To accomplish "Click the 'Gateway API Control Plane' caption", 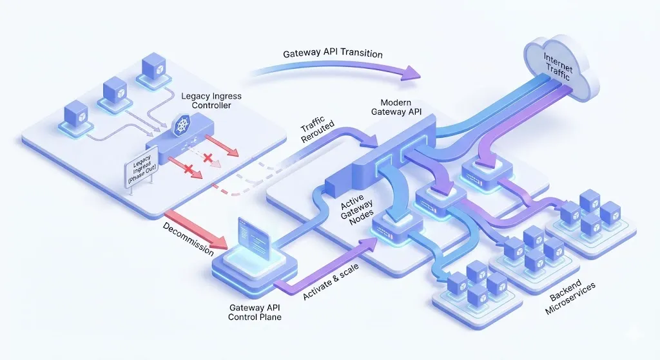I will [x=255, y=312].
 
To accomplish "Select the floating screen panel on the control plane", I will [x=253, y=238].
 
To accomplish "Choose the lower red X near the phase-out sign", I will [x=189, y=170].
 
